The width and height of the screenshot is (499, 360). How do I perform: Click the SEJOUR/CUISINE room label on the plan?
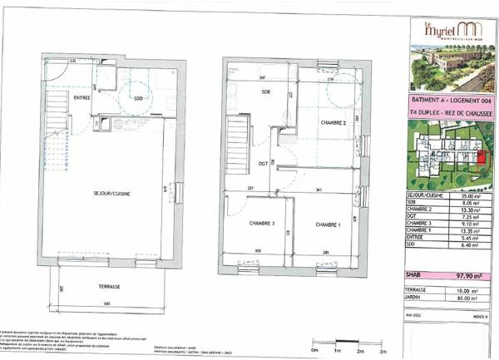pyautogui.click(x=112, y=193)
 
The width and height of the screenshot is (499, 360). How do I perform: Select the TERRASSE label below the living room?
pyautogui.click(x=108, y=287)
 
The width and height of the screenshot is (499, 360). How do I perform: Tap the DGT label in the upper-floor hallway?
pyautogui.click(x=263, y=163)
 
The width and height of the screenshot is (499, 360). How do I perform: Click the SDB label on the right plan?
pyautogui.click(x=265, y=92)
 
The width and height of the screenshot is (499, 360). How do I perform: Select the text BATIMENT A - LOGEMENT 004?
pyautogui.click(x=450, y=99)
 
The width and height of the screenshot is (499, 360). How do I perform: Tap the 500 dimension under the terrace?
pyautogui.click(x=108, y=305)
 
